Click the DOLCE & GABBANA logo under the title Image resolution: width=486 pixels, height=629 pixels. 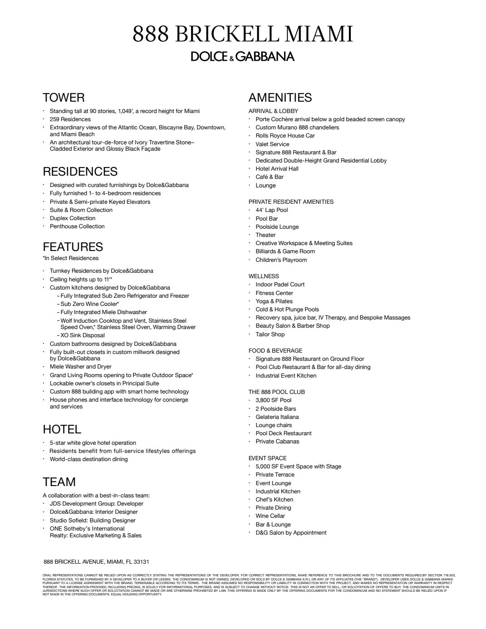click(x=243, y=56)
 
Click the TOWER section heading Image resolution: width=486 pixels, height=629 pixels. click(x=64, y=98)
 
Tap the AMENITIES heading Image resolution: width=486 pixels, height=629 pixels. click(x=280, y=98)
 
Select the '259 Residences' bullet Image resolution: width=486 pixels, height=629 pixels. click(x=70, y=119)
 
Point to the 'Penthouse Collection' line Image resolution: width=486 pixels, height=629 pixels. click(x=77, y=226)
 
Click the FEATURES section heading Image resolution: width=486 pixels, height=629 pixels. click(x=73, y=247)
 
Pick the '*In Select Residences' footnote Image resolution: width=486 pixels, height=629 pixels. click(x=70, y=258)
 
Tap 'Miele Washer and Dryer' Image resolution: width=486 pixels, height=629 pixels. click(x=80, y=367)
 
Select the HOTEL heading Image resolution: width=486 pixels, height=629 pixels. click(x=62, y=429)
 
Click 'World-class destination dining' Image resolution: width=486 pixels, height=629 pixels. click(x=88, y=459)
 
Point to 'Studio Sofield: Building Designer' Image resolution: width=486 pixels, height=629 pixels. click(x=93, y=521)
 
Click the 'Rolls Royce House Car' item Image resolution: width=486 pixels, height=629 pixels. click(x=285, y=136)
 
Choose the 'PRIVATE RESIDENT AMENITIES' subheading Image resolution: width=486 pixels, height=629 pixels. click(x=291, y=202)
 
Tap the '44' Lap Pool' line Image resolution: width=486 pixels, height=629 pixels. click(x=271, y=210)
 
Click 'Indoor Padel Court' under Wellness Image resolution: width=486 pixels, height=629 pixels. click(x=280, y=285)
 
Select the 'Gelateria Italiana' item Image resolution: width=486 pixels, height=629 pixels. click(x=277, y=417)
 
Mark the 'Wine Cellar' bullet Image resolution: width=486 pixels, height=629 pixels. click(x=270, y=516)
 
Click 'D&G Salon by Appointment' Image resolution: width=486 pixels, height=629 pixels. click(x=291, y=533)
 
